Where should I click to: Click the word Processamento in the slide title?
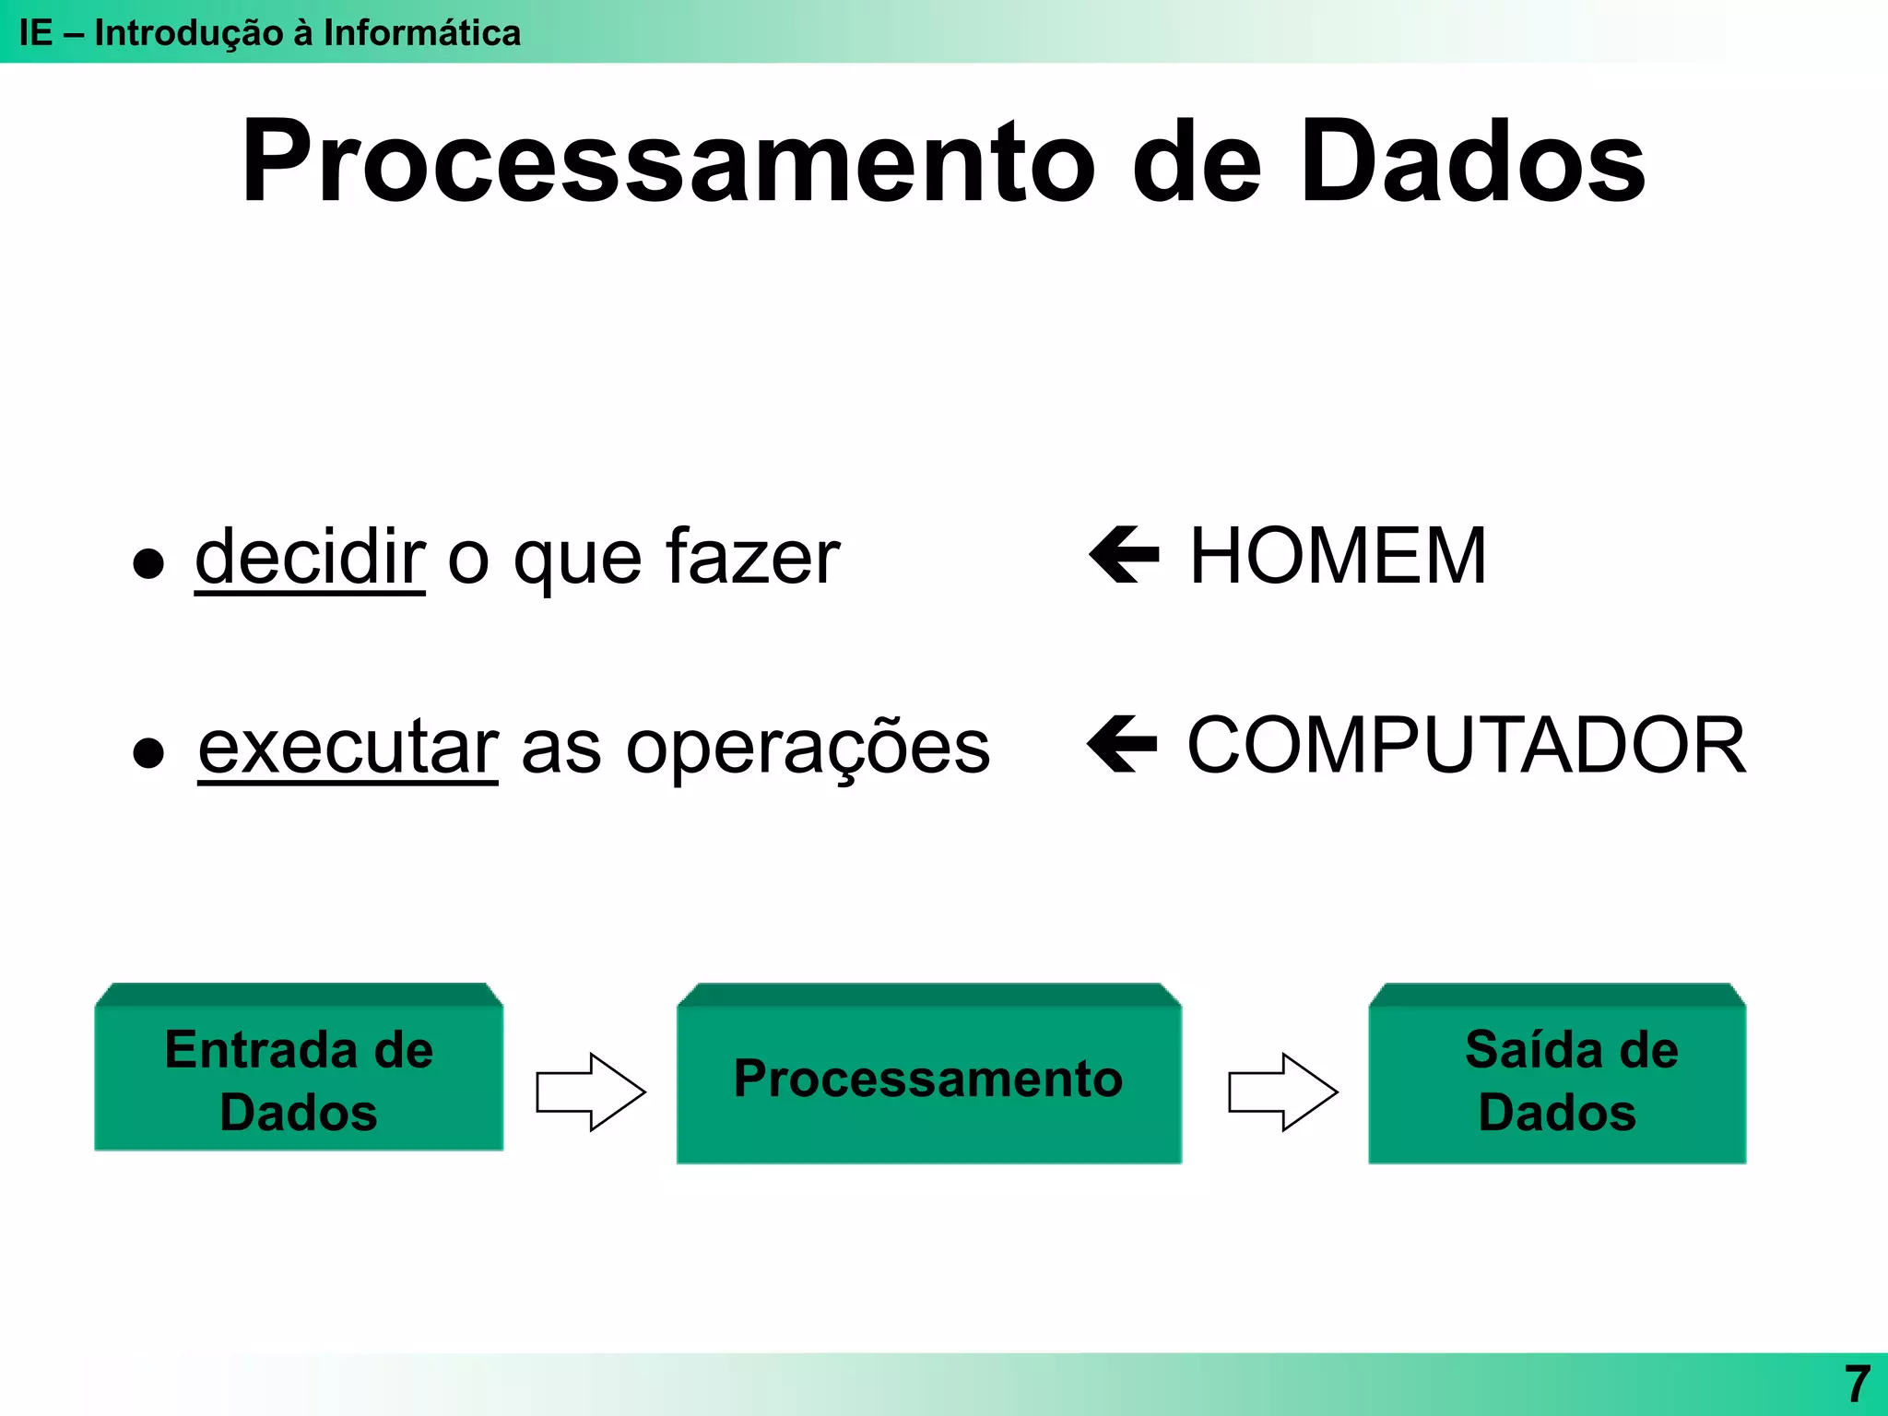point(668,163)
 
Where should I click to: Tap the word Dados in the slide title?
point(1472,163)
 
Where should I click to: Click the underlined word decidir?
point(310,557)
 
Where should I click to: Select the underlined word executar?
point(348,747)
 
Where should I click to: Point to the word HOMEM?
point(1338,556)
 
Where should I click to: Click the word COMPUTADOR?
point(1466,745)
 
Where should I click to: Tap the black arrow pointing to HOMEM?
point(1124,555)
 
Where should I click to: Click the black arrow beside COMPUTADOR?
point(1122,744)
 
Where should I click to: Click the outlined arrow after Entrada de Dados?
point(590,1092)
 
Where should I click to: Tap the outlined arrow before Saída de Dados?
point(1282,1092)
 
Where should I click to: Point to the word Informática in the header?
point(421,33)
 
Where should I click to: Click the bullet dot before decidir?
point(148,562)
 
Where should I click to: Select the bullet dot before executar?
point(148,752)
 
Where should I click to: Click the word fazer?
point(752,557)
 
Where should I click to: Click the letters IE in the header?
point(36,33)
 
